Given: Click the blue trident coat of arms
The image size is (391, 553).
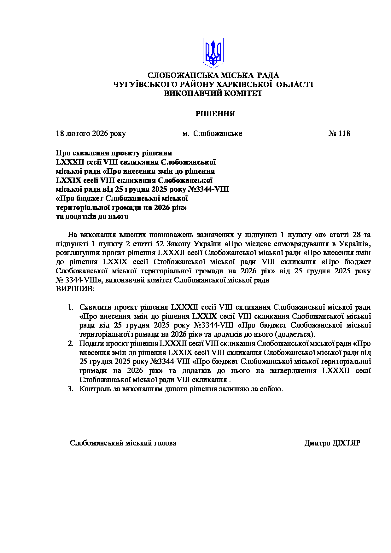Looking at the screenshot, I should click(213, 53).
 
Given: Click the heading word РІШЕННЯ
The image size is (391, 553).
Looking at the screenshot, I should click(215, 114).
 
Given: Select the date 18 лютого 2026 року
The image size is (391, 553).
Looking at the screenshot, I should click(90, 133).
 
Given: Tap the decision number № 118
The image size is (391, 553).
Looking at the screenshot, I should click(339, 133).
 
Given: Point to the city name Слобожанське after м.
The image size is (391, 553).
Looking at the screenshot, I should click(218, 133).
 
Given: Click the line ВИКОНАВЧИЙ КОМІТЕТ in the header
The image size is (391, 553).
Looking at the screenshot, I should click(213, 93).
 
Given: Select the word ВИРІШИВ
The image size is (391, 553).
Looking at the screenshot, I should click(74, 289).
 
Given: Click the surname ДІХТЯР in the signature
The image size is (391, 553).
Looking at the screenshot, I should click(346, 443).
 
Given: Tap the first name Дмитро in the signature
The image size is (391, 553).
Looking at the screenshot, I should click(317, 443).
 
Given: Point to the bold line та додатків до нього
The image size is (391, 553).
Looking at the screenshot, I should click(92, 217).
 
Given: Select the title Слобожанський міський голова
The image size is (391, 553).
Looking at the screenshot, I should click(123, 443).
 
